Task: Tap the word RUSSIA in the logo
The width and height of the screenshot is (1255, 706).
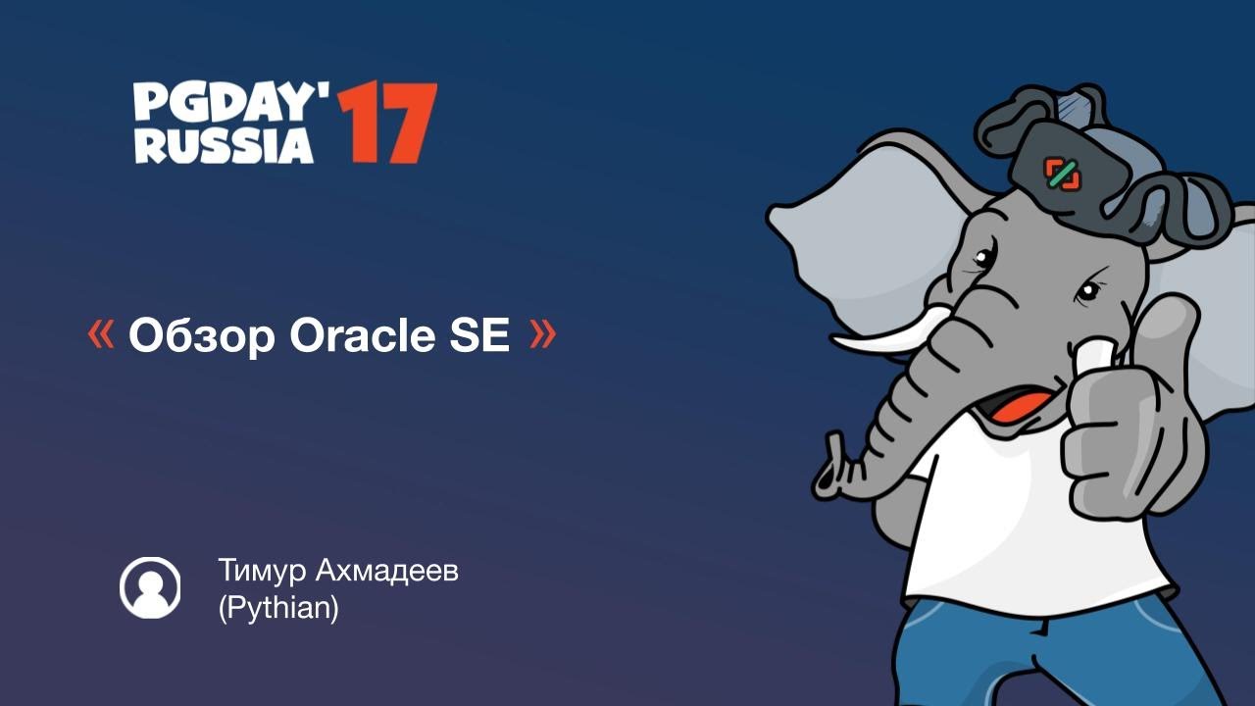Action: click(x=224, y=144)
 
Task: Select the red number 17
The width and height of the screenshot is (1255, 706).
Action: click(x=386, y=124)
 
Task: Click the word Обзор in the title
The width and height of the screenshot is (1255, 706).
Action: click(x=202, y=336)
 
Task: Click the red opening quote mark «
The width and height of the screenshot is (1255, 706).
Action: click(x=100, y=335)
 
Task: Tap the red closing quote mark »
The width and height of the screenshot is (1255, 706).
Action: click(x=542, y=335)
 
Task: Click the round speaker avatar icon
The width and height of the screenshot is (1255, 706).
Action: click(x=150, y=587)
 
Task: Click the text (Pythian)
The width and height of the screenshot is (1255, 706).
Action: click(x=278, y=608)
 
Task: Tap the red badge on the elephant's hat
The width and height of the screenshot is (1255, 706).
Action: click(x=1062, y=174)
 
